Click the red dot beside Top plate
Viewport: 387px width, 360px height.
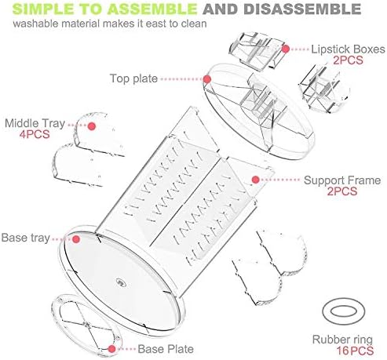207,79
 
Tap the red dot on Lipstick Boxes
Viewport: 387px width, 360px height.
286,49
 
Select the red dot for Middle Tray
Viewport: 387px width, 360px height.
92,126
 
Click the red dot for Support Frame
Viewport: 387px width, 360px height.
256,180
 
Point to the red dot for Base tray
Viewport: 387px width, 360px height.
76,239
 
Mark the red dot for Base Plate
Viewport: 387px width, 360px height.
112,349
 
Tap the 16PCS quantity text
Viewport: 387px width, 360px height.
355,351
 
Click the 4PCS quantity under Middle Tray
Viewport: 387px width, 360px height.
35,134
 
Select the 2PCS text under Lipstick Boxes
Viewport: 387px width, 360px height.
348,60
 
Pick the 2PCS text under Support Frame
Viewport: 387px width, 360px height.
342,191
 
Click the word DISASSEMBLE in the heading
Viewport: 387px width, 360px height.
302,9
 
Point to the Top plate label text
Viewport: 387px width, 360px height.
133,78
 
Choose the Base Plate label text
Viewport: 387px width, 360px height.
166,349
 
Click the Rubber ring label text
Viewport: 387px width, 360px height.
342,340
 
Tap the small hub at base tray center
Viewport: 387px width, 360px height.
121,282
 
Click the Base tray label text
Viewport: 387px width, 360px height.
25,238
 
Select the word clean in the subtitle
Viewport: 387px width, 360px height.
194,24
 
